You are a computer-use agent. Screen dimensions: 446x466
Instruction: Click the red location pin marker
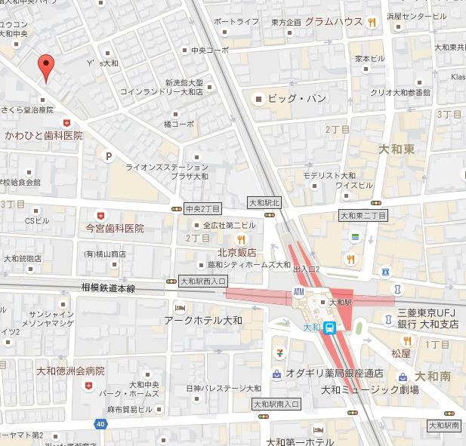tap(46, 68)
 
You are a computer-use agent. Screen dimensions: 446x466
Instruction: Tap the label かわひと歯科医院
tap(43, 135)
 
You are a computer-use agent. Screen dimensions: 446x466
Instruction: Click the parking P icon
tap(108, 157)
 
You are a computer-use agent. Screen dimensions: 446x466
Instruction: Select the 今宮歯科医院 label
tap(114, 227)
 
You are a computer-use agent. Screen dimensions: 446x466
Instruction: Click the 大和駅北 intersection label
tap(264, 202)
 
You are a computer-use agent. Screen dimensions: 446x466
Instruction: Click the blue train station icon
tap(330, 328)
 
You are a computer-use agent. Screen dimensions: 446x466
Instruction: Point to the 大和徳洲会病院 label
tap(70, 371)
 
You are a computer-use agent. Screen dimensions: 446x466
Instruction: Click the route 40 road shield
tap(101, 424)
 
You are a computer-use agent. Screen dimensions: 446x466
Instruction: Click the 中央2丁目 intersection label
tap(202, 208)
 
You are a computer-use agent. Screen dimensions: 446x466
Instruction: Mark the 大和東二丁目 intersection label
tap(363, 216)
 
